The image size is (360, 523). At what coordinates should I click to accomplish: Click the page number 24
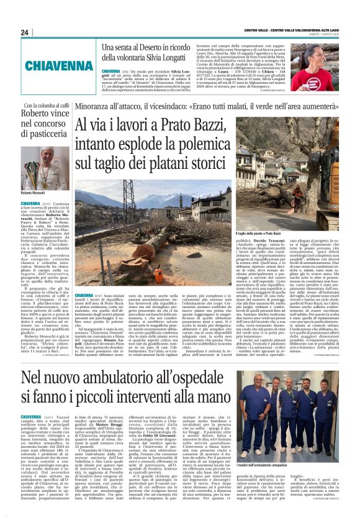point(25,32)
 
